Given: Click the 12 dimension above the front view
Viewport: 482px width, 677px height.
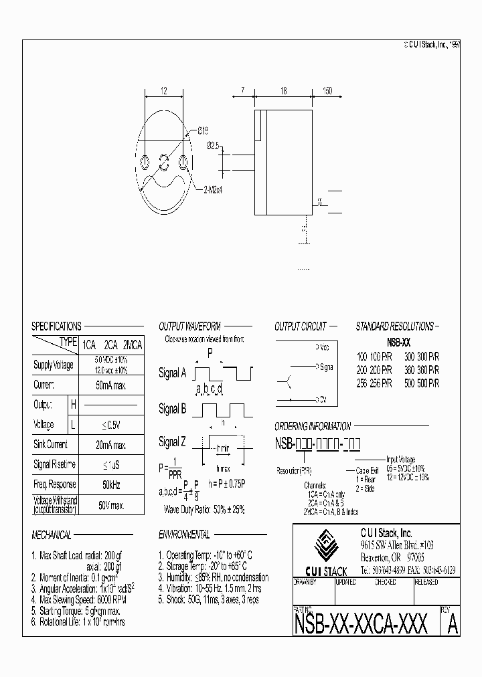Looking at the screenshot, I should point(163,90).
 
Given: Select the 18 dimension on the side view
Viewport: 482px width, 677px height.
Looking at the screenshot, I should point(284,90).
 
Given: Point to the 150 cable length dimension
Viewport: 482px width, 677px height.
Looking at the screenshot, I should point(327,90).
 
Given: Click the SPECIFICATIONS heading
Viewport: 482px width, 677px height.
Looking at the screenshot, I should point(57,326).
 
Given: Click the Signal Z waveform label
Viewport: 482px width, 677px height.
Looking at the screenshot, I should point(172,442).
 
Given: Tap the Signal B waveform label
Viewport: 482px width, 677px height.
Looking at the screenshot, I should point(172,409).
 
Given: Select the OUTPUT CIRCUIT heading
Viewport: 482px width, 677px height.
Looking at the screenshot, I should point(301,326).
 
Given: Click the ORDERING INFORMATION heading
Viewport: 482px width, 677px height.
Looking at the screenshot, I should point(313,426).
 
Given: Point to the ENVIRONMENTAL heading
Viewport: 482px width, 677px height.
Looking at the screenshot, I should point(184,535).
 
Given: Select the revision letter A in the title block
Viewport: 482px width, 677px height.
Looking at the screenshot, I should point(452,624).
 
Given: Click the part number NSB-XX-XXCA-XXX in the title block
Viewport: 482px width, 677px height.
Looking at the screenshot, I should point(361,624).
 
